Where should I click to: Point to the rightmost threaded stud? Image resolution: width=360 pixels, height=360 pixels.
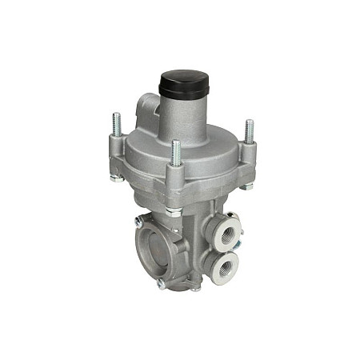(249, 130)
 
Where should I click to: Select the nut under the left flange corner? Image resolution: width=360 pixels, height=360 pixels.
(118, 178)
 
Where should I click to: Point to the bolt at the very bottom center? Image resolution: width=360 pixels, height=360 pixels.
(194, 289)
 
